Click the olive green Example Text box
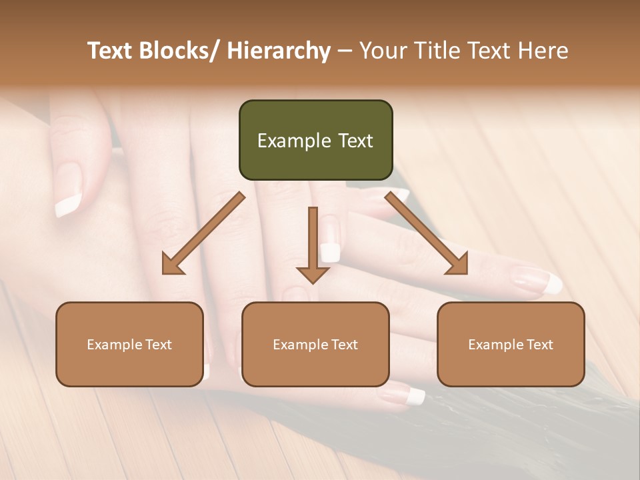point(315,140)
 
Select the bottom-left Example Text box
point(129,344)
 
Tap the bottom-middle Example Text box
point(315,344)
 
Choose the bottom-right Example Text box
point(511,344)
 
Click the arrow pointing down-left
point(204,233)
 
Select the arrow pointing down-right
point(427,233)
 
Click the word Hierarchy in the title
point(278,51)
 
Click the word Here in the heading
point(545,51)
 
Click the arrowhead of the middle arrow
point(313,273)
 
